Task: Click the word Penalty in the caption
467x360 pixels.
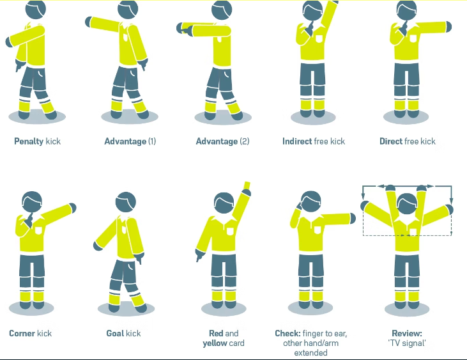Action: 29,141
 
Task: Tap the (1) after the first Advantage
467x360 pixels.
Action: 152,141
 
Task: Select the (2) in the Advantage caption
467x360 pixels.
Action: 244,141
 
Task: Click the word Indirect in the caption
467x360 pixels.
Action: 297,141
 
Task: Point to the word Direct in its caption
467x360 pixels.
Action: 391,141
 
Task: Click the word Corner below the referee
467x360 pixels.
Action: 22,333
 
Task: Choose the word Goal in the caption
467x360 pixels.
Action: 114,333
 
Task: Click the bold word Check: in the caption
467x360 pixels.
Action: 287,333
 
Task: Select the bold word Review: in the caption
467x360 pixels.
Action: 407,333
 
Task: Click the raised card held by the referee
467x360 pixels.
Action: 247,185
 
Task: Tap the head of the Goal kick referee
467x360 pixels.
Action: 126,202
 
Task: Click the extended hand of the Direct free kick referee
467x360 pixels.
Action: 448,26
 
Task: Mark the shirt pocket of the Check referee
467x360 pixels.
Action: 318,230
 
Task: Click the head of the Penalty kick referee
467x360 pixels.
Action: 35,9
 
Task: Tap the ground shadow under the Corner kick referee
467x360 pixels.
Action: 31,308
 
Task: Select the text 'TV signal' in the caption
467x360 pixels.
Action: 407,343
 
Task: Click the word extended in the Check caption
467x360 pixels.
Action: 310,353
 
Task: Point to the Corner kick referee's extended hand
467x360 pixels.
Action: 73,208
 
